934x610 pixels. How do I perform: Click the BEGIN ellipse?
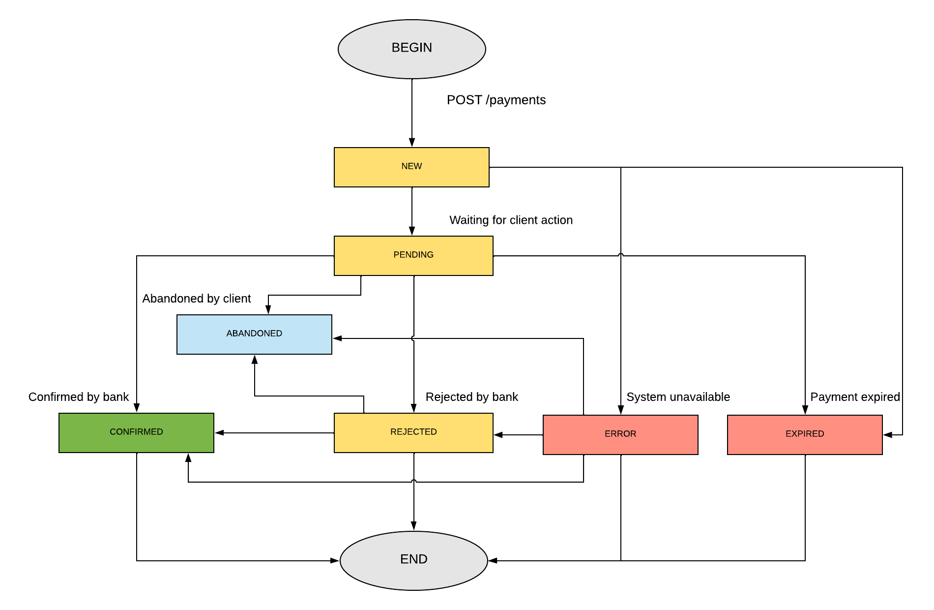click(412, 49)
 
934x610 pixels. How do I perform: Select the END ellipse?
click(413, 560)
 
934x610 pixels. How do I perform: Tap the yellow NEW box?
click(411, 167)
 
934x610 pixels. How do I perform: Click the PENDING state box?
click(413, 256)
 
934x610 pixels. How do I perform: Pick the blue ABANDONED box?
click(254, 335)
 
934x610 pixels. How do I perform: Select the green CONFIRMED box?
click(136, 433)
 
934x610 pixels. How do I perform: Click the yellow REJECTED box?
click(413, 433)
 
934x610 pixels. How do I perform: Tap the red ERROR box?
click(620, 435)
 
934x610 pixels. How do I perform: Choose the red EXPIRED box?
click(805, 435)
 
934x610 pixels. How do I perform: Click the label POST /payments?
click(496, 100)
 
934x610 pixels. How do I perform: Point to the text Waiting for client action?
click(511, 220)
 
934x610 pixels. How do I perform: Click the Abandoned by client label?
click(196, 299)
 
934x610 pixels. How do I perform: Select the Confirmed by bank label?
click(78, 397)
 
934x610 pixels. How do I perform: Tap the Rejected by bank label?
click(471, 397)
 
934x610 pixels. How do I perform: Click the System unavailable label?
click(678, 397)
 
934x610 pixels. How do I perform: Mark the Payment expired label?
click(855, 397)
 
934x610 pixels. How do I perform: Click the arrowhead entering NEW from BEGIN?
click(412, 143)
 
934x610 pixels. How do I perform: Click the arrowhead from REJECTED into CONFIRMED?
click(220, 433)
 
